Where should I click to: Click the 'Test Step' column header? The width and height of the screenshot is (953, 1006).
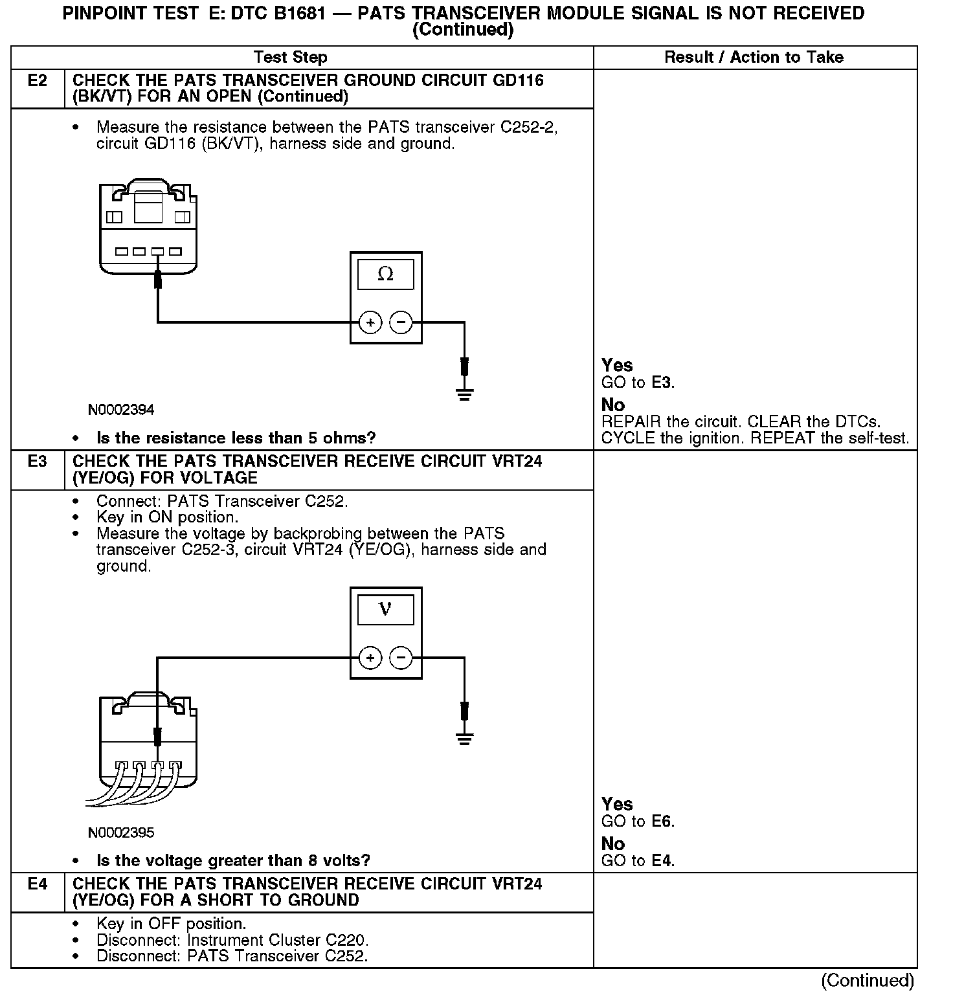(x=290, y=57)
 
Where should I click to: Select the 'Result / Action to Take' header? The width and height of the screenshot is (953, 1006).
(x=754, y=57)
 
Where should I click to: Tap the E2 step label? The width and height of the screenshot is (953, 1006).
(x=38, y=81)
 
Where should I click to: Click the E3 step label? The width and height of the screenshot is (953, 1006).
(x=38, y=462)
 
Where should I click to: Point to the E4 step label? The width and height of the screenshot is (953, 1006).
(x=38, y=884)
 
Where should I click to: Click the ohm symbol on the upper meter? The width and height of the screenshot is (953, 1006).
(x=385, y=274)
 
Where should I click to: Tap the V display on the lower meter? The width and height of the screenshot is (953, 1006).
(x=385, y=610)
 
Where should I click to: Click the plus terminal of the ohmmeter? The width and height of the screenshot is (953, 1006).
(x=370, y=322)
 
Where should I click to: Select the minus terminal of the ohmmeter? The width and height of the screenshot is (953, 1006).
(x=401, y=322)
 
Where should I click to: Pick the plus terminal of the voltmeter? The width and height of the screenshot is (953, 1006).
(x=370, y=658)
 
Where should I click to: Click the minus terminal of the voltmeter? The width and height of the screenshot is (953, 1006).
(x=401, y=658)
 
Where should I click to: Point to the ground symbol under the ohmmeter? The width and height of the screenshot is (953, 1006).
(x=464, y=394)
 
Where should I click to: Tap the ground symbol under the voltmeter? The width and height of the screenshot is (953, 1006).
(x=464, y=738)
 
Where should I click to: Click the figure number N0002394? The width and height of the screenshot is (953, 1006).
(x=121, y=410)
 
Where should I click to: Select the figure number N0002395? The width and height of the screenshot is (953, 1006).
(x=121, y=833)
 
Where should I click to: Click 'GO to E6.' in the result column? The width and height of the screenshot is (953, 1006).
(x=638, y=822)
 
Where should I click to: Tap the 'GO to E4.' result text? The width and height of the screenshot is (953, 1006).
(x=638, y=861)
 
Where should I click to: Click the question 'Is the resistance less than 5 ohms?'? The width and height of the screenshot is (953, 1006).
(x=236, y=438)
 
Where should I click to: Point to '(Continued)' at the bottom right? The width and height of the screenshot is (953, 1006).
(x=867, y=981)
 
